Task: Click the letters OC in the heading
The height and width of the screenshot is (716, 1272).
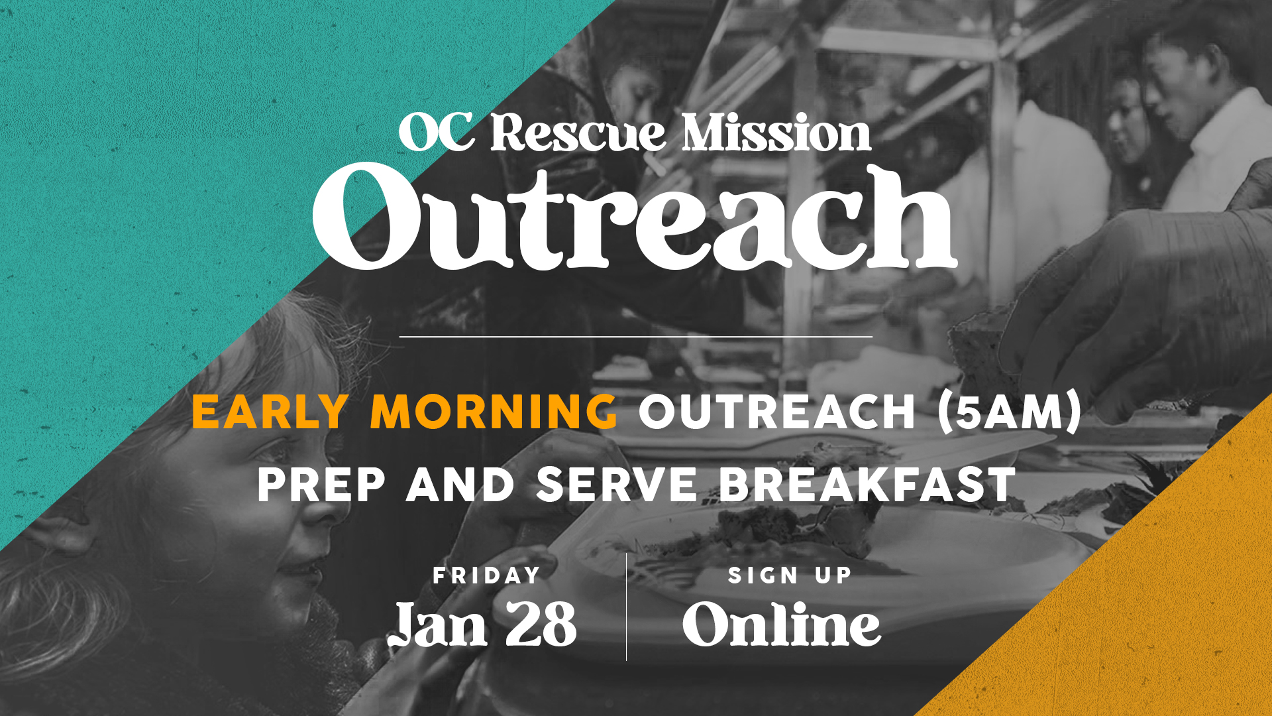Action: [437, 132]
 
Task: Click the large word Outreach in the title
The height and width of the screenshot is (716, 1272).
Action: [635, 217]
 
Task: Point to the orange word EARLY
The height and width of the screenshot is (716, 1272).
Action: [270, 412]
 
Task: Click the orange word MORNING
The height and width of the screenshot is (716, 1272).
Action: [494, 412]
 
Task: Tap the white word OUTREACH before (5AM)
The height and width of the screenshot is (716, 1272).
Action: [777, 412]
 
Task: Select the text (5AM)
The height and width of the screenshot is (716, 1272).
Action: [1009, 412]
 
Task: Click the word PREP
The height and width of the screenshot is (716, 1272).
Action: [321, 485]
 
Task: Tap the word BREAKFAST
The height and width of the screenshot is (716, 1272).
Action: [867, 485]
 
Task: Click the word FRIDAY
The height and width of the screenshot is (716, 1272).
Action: [487, 575]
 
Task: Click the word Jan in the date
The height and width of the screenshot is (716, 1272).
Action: [438, 625]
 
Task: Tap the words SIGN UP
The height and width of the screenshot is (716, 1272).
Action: [790, 575]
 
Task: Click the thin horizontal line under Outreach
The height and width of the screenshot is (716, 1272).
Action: [635, 337]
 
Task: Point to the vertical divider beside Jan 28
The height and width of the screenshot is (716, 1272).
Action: [626, 607]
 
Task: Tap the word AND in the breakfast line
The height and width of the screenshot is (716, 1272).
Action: [460, 485]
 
